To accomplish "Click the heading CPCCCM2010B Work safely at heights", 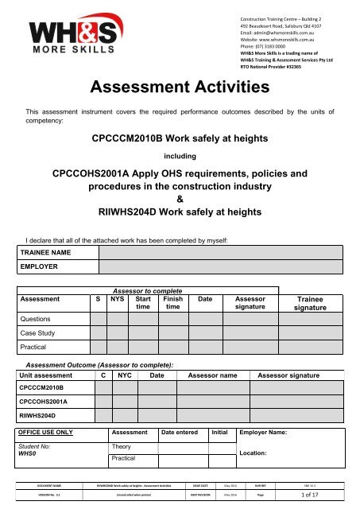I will pyautogui.click(x=179, y=138).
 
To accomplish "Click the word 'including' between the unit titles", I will pyautogui.click(x=179, y=157).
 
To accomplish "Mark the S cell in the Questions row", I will pyautogui.click(x=98, y=319).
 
